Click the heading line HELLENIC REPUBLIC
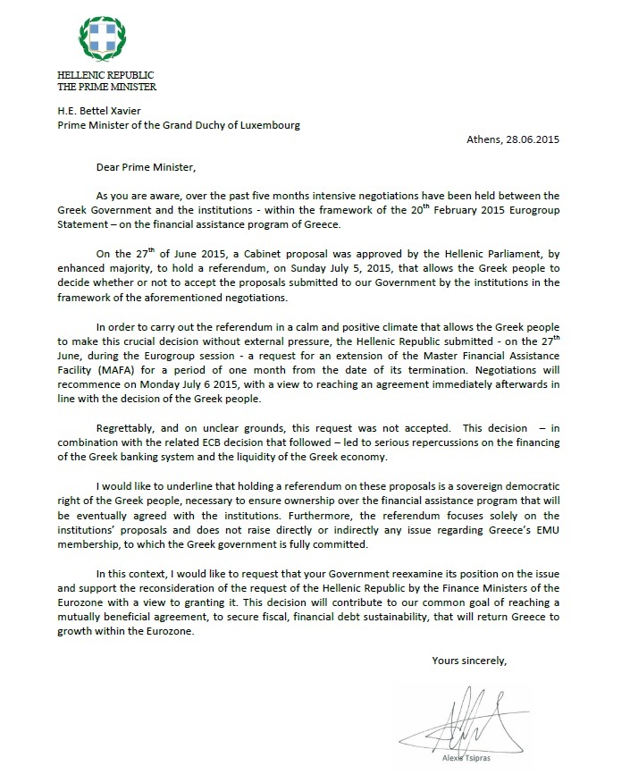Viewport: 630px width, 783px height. tap(105, 75)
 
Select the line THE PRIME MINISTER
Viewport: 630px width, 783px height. tap(106, 87)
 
